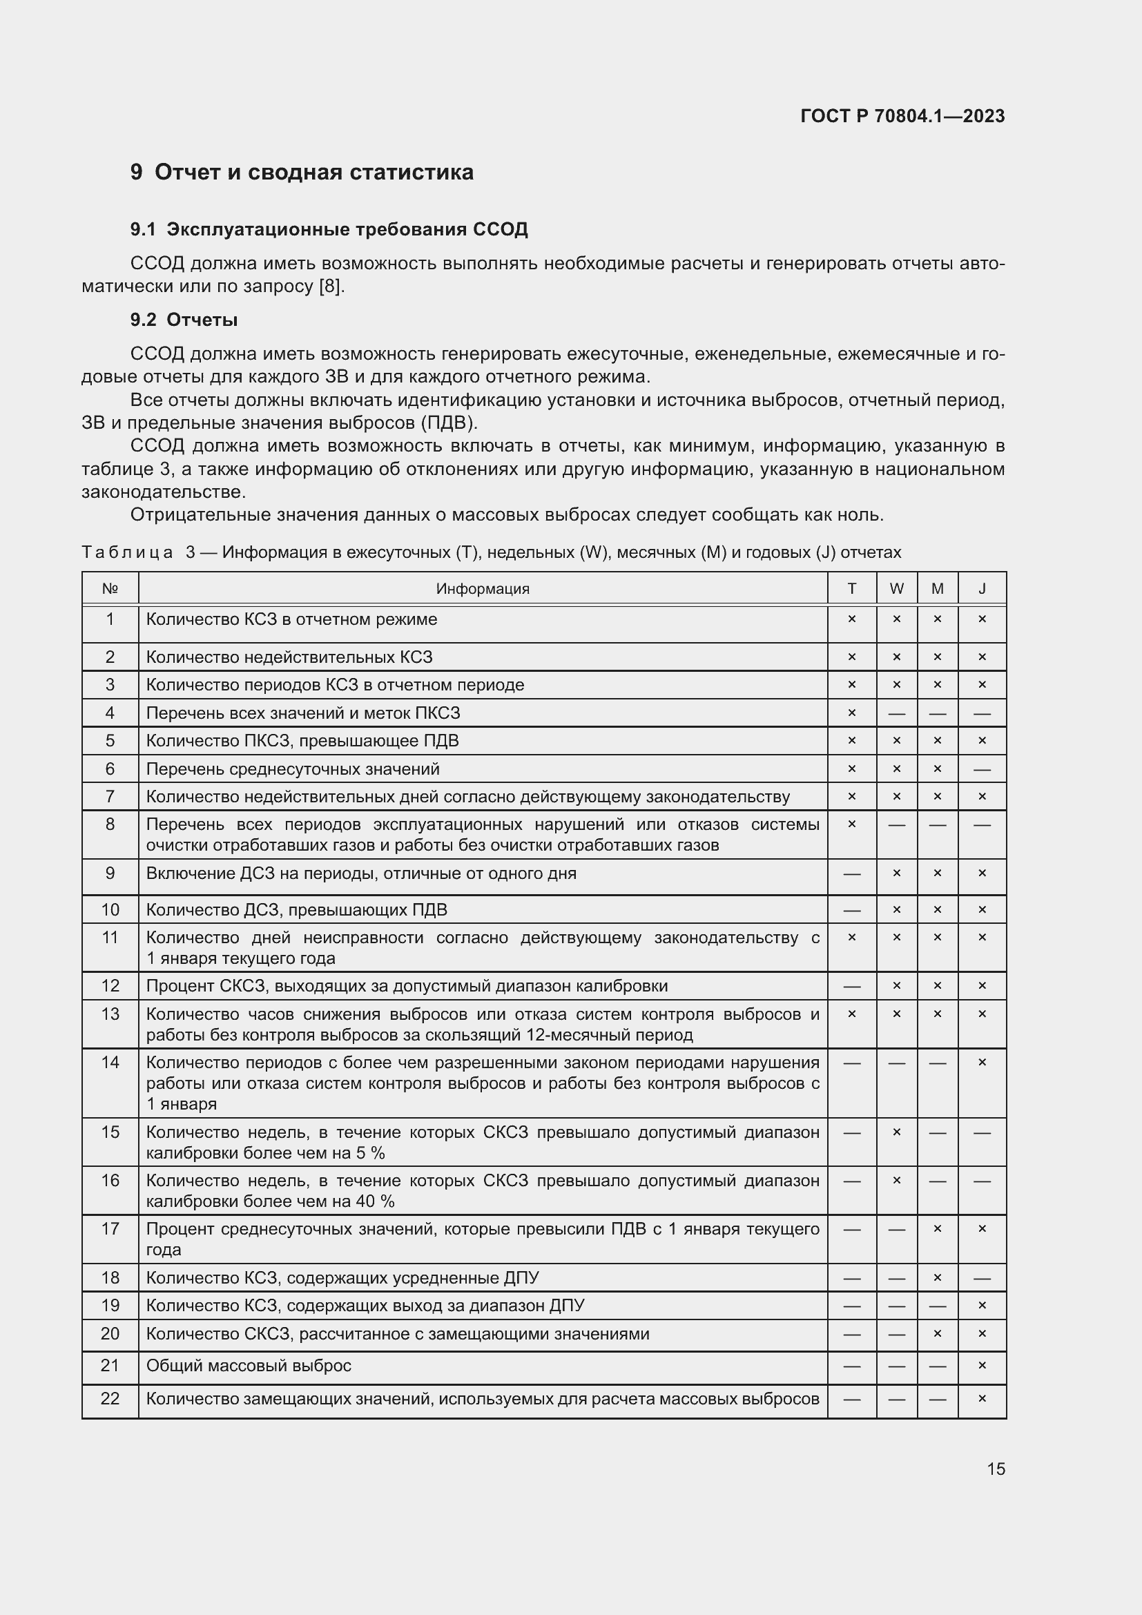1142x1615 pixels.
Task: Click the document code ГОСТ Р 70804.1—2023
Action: pyautogui.click(x=902, y=116)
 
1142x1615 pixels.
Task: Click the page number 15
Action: pyautogui.click(x=996, y=1469)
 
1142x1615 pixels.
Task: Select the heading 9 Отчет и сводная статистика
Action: pyautogui.click(x=302, y=173)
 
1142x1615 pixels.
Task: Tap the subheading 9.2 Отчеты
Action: pyautogui.click(x=184, y=320)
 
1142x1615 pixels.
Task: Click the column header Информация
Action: pyautogui.click(x=483, y=589)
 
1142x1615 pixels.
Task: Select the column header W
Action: pyautogui.click(x=896, y=589)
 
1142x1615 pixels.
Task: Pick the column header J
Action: pyautogui.click(x=982, y=589)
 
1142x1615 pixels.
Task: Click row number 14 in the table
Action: pyautogui.click(x=110, y=1062)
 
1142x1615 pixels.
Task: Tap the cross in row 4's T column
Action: pyautogui.click(x=851, y=713)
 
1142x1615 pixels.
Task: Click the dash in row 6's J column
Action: pyautogui.click(x=982, y=769)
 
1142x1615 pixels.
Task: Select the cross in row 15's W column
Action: pyautogui.click(x=896, y=1132)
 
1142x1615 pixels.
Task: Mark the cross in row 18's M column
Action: pyautogui.click(x=937, y=1277)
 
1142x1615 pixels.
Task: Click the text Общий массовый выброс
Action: pyautogui.click(x=249, y=1365)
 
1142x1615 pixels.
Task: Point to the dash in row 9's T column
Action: pyautogui.click(x=851, y=873)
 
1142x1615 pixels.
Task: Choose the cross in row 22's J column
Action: pyautogui.click(x=982, y=1398)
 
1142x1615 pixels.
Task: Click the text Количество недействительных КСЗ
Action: pyautogui.click(x=289, y=657)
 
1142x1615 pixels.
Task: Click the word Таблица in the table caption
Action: pyautogui.click(x=127, y=552)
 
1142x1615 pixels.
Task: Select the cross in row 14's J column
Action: pyautogui.click(x=982, y=1062)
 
